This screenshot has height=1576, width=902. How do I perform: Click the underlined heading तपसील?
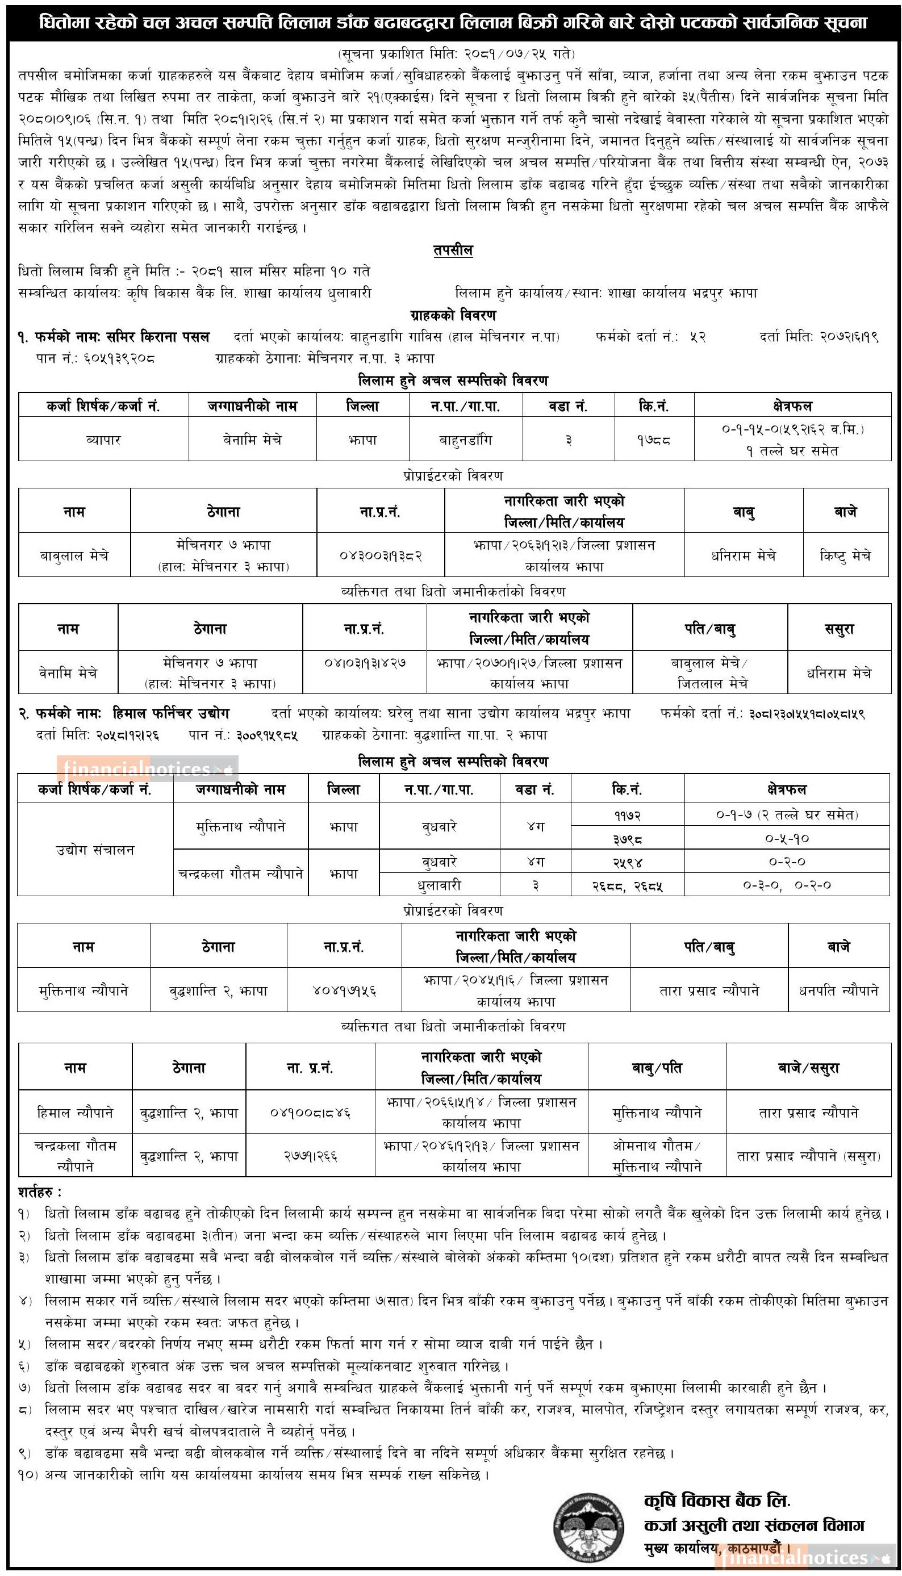453,250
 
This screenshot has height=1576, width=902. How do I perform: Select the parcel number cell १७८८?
654,440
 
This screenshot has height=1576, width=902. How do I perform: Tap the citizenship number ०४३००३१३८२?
381,555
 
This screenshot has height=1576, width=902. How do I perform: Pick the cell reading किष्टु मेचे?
846,555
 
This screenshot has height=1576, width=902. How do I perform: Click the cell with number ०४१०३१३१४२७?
365,663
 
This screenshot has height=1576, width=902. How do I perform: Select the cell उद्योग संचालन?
95,850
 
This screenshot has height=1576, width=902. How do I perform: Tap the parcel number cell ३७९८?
627,838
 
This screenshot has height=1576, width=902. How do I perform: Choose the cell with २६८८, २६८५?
627,885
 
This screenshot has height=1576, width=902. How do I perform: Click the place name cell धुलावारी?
439,885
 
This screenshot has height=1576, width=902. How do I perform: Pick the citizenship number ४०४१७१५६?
344,990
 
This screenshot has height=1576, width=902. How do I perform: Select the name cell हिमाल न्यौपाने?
75,1113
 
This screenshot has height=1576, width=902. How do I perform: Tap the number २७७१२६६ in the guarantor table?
310,1156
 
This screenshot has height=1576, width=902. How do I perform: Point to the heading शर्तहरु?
40,1191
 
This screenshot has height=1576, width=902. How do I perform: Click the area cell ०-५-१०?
787,838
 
